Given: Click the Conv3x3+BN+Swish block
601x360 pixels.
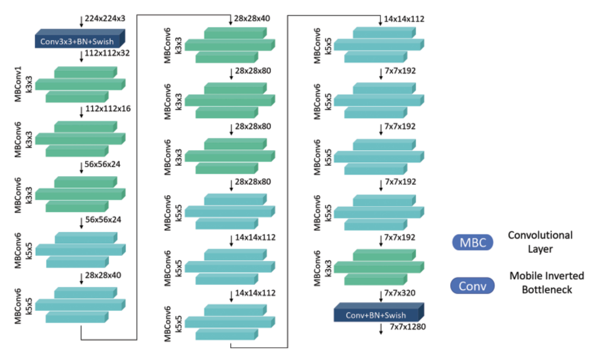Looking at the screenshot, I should [x=78, y=41].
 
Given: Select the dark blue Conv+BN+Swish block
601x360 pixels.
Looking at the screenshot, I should [x=376, y=315].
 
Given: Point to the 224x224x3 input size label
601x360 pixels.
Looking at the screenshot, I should [x=105, y=18].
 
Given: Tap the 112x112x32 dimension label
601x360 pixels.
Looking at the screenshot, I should [x=107, y=53].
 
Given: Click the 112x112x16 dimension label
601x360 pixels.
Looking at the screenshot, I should [x=108, y=108].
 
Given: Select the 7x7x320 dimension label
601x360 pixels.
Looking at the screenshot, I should [x=400, y=293].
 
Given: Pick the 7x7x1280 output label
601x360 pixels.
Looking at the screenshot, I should [x=408, y=327].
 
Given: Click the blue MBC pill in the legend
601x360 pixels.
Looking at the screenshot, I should [x=472, y=243].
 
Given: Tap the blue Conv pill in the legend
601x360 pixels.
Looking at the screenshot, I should [x=472, y=286].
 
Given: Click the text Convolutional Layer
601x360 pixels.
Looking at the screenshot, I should [x=540, y=242].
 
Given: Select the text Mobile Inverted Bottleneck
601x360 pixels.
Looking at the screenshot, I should [x=547, y=282].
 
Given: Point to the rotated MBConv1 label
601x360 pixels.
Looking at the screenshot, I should [x=18, y=84].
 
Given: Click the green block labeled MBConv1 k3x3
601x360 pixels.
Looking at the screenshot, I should [x=80, y=84].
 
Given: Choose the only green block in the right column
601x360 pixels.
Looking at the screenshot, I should [x=378, y=267].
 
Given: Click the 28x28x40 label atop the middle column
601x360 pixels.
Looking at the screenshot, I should [x=252, y=18].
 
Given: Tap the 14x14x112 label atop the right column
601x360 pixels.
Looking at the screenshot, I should [x=404, y=19].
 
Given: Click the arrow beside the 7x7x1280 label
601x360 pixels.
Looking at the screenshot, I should [x=381, y=329].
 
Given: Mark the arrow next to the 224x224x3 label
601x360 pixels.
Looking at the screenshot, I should [x=82, y=22].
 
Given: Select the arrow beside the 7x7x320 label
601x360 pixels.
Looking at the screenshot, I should [x=381, y=296].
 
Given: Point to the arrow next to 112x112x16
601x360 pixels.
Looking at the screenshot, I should [x=82, y=112].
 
